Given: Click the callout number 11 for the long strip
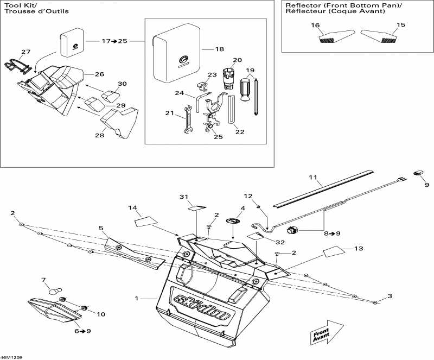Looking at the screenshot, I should point(312,178).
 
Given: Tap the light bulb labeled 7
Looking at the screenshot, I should point(53,292).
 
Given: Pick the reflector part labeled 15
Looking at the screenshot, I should point(378,37).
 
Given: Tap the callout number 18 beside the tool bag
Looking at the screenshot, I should point(219,49).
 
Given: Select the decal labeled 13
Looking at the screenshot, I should point(334,252).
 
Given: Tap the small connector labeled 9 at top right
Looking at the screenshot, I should point(418,173).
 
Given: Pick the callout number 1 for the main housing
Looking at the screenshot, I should point(137,298).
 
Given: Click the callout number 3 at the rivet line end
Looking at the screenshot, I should point(390,296).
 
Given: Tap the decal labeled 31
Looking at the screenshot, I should point(196,207).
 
